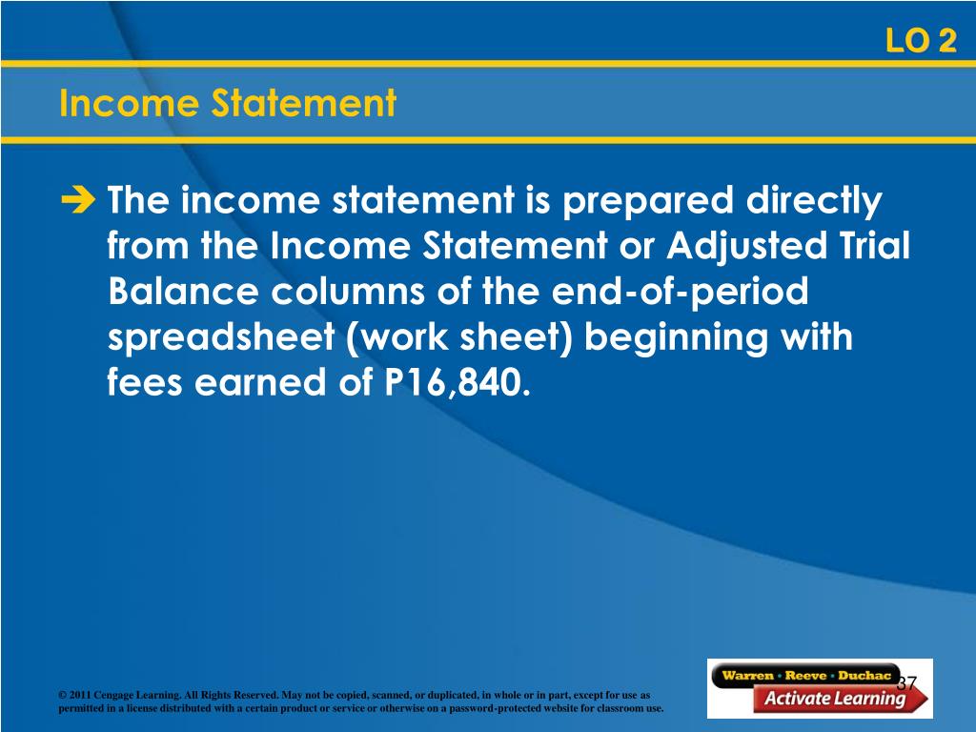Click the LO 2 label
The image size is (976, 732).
pos(921,41)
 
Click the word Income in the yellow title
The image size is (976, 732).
pos(130,103)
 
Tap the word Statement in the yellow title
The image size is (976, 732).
pos(304,103)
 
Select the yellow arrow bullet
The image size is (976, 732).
pos(78,200)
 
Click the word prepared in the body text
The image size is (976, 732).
pos(648,202)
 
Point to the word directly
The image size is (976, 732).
pos(814,202)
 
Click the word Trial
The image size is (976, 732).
pos(875,245)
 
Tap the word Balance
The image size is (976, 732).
pos(183,292)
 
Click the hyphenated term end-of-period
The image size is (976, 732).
pos(680,292)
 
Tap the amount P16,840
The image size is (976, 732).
pos(457,382)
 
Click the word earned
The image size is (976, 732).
pos(259,382)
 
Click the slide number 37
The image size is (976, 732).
pos(907,682)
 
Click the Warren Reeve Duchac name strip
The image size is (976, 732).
pos(806,676)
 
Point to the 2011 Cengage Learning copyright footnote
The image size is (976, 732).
pos(361,701)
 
